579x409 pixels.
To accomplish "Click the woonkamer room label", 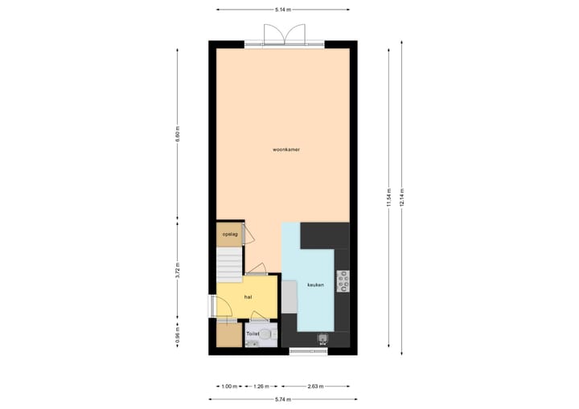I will pos(287,149).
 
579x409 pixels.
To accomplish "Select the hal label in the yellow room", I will pos(248,297).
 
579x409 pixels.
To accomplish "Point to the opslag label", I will pos(230,235).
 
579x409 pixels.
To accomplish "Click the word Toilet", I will pos(253,332).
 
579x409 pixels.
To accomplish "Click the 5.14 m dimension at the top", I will pos(283,10).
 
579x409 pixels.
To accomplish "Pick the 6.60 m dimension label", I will pos(178,133).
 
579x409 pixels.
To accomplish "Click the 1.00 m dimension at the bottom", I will pos(229,387).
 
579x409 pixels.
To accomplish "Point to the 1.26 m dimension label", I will pos(261,387).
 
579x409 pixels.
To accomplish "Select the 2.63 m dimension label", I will pos(314,387).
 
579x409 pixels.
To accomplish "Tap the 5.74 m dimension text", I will pos(282,399).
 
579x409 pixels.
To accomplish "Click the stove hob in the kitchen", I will pos(343,280).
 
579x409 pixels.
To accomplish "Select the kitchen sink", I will pos(323,338).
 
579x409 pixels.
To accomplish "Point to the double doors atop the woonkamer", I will pos(283,34).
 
